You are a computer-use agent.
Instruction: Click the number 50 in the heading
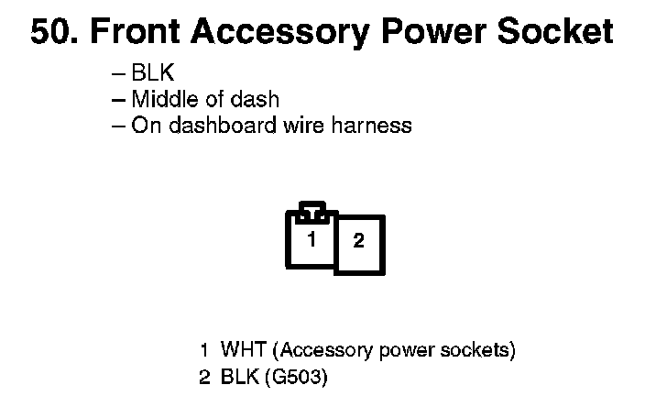53,32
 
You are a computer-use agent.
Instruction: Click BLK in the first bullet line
152,74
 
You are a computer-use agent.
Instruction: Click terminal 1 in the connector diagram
312,240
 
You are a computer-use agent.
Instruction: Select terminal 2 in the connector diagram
359,242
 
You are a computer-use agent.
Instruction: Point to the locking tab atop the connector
312,209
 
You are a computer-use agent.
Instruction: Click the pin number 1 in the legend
204,350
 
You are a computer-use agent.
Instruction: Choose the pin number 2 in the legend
204,375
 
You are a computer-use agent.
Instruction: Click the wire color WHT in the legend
244,350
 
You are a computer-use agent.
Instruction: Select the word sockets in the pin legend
476,350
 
